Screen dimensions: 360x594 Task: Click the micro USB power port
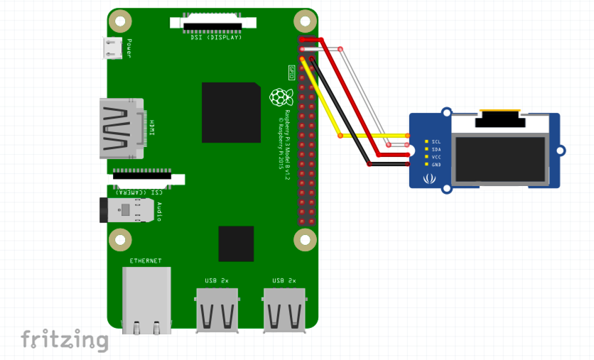click(113, 48)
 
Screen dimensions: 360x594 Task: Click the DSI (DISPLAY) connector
click(212, 25)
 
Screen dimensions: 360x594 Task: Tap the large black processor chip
click(231, 112)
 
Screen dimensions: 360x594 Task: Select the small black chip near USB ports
click(236, 244)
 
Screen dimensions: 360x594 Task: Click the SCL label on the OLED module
click(436, 142)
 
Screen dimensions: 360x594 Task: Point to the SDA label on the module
click(436, 150)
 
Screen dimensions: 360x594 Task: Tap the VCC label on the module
click(436, 157)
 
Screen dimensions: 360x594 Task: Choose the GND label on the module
click(436, 165)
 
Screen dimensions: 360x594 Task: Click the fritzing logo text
click(64, 339)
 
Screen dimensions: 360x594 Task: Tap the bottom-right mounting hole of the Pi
click(305, 240)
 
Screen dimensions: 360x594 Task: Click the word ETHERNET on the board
click(146, 261)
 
